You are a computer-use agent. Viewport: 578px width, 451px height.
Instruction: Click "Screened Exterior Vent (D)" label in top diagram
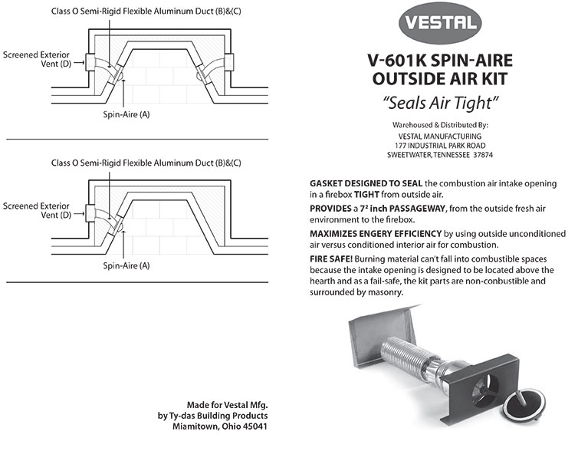click(37, 61)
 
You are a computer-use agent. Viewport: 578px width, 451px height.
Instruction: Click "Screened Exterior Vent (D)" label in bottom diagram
click(37, 211)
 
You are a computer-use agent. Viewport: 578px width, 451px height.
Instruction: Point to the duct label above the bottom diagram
click(146, 163)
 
